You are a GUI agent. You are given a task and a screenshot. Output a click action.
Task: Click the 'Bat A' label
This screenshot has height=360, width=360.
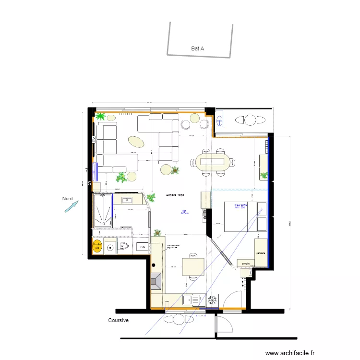pos(198,48)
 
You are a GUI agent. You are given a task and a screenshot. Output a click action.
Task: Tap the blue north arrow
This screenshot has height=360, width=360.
pos(71,206)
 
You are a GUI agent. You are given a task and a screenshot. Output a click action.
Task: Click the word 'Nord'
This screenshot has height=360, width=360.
pos(67,198)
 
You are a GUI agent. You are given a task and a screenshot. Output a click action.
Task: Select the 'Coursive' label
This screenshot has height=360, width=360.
pos(119,320)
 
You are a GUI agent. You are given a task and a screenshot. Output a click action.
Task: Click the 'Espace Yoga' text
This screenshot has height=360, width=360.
pos(175,195)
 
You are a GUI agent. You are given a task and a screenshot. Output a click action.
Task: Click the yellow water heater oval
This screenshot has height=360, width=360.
pos(97,247)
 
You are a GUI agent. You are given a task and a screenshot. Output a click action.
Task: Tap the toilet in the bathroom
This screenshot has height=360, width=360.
pos(124,247)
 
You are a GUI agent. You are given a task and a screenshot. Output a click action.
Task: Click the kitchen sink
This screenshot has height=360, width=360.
pos(192,300)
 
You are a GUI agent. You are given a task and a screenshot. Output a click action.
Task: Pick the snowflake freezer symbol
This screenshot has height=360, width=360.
pos(212,300)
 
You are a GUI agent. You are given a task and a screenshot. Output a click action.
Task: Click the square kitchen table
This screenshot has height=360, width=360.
pos(193,266)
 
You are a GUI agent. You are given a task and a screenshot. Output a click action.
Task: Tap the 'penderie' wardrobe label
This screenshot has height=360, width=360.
pos(261,253)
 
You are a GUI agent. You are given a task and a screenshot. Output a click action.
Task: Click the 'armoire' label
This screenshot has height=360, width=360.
pos(246,263)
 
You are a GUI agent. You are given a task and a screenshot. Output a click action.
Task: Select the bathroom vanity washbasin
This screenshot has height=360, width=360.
pos(128,200)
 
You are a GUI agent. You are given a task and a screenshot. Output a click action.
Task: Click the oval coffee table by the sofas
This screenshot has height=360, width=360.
pos(136,142)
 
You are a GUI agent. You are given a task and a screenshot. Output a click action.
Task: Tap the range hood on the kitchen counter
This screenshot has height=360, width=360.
pos(157,281)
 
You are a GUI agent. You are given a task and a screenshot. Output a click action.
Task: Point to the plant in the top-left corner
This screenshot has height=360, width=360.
pos(101,116)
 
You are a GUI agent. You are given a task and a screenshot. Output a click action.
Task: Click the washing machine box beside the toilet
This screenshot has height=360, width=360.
pos(142,247)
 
